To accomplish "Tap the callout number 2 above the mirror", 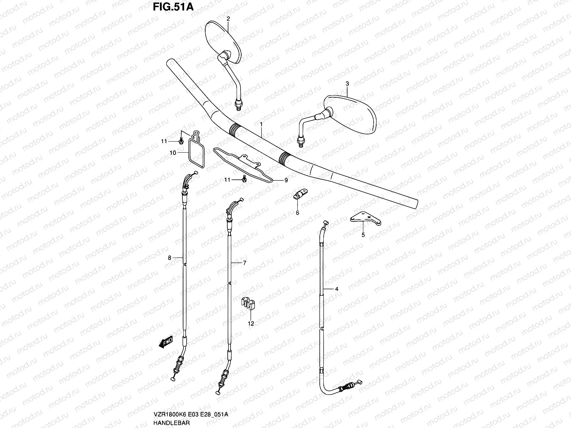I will coord(228,18).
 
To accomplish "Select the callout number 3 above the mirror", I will coord(347,83).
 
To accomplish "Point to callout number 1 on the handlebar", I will coord(261,124).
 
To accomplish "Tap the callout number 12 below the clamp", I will coord(251,323).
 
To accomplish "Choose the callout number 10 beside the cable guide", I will coord(173,153).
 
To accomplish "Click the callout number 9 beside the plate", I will coord(285,180).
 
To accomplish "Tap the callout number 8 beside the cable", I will coord(170,258).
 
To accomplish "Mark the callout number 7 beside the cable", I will coord(244,263).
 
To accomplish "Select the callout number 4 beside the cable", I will coord(336,289).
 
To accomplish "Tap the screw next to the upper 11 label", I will coord(181,141).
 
